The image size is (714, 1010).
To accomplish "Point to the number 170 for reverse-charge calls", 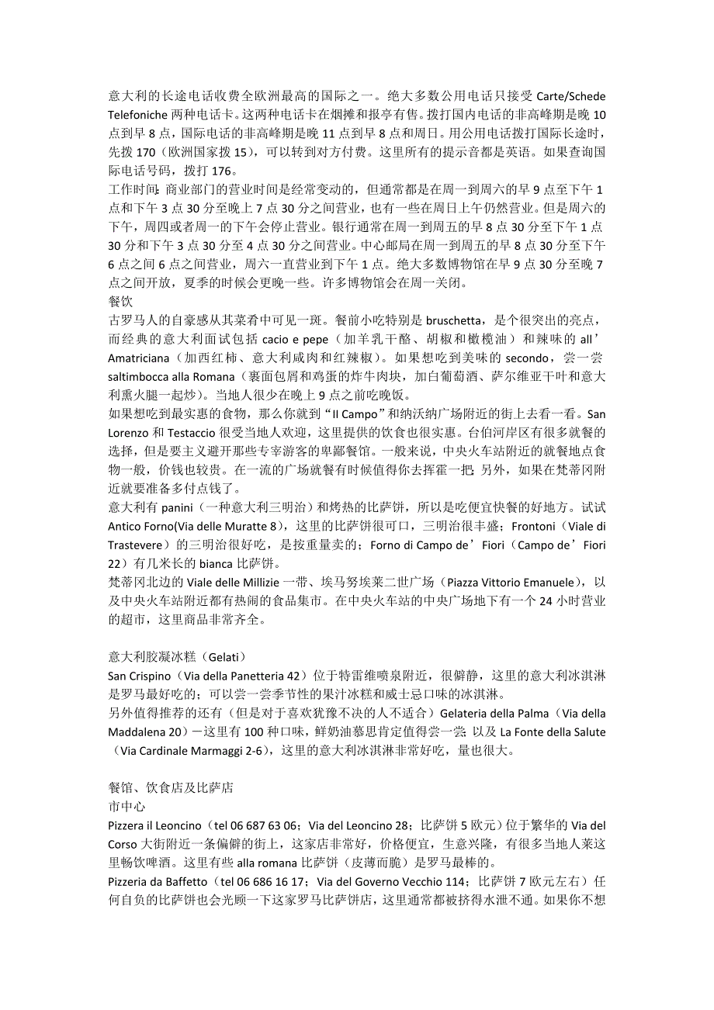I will point(148,153).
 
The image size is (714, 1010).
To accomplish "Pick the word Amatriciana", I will point(140,358).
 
